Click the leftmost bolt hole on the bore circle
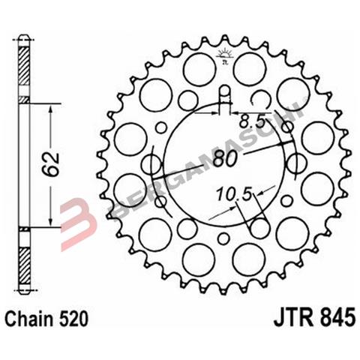[152, 165]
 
